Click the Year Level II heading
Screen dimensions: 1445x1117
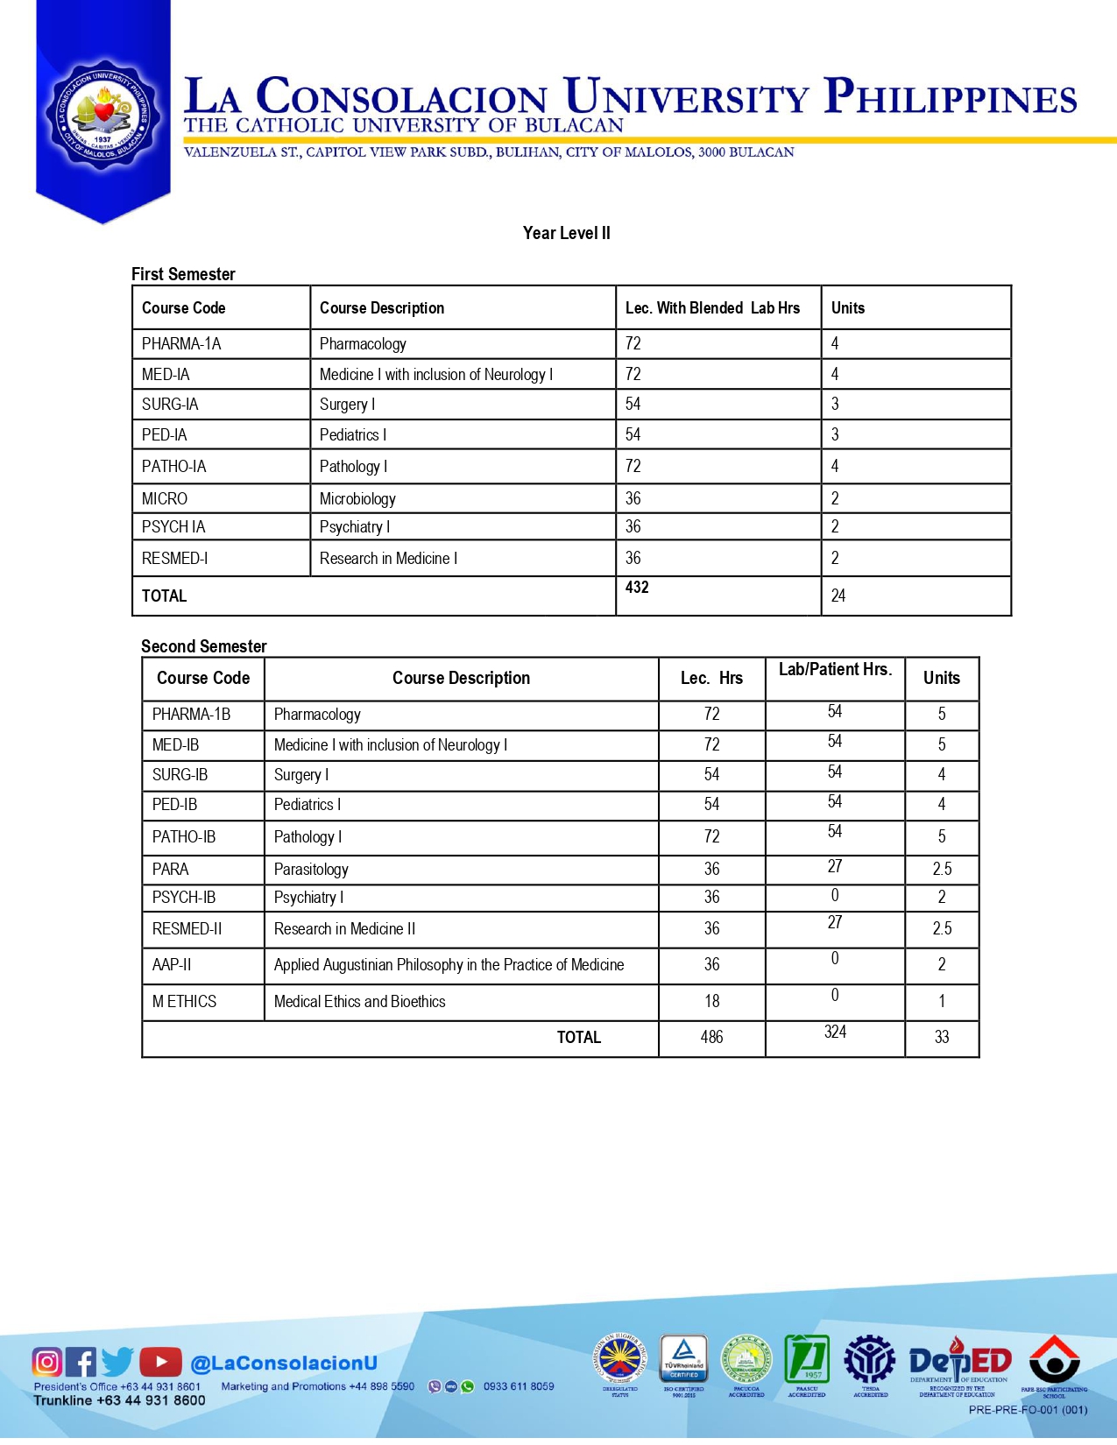point(566,233)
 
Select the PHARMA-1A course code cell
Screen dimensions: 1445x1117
point(181,344)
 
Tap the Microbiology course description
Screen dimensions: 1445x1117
point(357,498)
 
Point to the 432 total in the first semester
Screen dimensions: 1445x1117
point(637,588)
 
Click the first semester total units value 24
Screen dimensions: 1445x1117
point(838,596)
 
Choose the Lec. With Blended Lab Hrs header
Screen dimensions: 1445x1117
point(712,308)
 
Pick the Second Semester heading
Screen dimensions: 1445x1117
point(203,646)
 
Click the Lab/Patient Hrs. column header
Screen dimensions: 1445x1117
point(835,670)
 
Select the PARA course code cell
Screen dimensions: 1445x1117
point(170,869)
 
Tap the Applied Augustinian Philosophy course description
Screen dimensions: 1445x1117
point(449,964)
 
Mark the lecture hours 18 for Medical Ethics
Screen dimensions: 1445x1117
point(711,1001)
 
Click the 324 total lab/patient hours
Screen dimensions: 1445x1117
point(835,1032)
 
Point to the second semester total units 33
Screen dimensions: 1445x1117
point(942,1037)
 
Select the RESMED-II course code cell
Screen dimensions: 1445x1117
point(187,928)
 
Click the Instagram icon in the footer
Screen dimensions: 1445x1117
point(46,1362)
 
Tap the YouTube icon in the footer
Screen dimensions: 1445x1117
point(160,1362)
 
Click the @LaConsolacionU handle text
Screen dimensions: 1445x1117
point(284,1363)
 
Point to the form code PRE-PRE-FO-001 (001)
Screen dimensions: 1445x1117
point(1028,1410)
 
